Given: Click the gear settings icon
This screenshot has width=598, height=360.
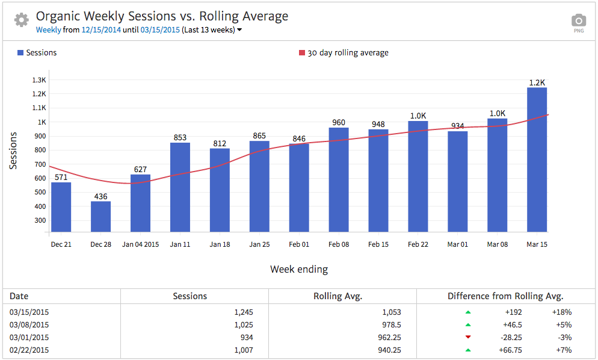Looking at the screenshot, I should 22,20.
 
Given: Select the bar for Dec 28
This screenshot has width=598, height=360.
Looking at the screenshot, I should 100,216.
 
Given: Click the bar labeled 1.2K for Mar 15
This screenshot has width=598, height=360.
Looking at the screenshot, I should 537,160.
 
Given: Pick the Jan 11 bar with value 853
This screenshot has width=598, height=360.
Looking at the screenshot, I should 180,187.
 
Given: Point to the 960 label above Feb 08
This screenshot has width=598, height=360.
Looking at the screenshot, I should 339,123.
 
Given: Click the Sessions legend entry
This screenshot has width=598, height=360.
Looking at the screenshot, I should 37,53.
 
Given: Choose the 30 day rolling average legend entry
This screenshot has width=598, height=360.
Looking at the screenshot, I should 344,53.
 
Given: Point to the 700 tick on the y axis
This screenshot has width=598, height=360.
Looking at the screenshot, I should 39,164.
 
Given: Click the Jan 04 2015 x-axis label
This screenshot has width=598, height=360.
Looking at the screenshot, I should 140,244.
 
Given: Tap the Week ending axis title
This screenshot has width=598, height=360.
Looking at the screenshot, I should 299,269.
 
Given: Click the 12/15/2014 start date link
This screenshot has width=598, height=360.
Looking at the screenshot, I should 101,29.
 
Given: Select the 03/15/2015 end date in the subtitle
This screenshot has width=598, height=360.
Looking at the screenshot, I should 161,29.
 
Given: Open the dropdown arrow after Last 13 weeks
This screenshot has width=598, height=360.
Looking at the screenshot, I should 239,29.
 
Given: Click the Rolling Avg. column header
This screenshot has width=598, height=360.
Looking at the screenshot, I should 338,296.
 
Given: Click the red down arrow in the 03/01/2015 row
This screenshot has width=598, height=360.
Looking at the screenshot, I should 468,337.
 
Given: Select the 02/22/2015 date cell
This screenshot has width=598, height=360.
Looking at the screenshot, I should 29,350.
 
